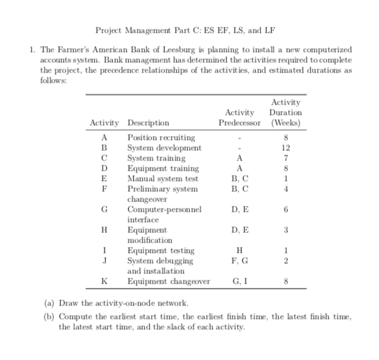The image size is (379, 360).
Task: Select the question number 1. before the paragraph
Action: tap(27, 50)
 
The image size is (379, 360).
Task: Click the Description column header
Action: tap(149, 123)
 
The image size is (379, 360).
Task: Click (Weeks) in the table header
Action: tap(286, 123)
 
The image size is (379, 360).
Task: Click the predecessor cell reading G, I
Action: tap(239, 282)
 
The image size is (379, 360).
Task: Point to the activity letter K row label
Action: tap(103, 282)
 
